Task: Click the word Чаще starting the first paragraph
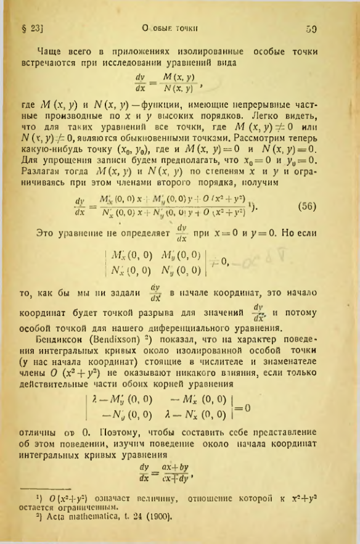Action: pos(50,52)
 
